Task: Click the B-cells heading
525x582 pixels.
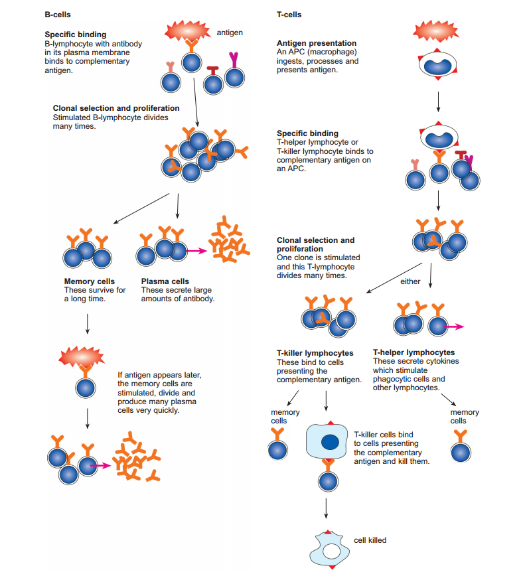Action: [58, 14]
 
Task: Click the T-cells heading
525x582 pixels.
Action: [289, 14]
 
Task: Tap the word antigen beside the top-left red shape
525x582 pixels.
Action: [230, 33]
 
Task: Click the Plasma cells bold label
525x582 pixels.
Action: [165, 281]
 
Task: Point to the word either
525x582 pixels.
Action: [410, 281]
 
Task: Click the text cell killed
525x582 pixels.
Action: [370, 540]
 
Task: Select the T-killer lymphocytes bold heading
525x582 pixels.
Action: [315, 353]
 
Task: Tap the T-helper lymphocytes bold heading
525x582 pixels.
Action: [413, 352]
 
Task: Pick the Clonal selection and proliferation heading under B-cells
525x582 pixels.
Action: [116, 108]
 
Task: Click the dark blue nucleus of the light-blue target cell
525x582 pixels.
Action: [330, 441]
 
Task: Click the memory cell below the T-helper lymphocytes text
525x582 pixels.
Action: [459, 452]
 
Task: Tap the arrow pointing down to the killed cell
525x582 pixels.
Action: [326, 507]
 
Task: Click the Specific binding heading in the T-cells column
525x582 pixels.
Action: [307, 133]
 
